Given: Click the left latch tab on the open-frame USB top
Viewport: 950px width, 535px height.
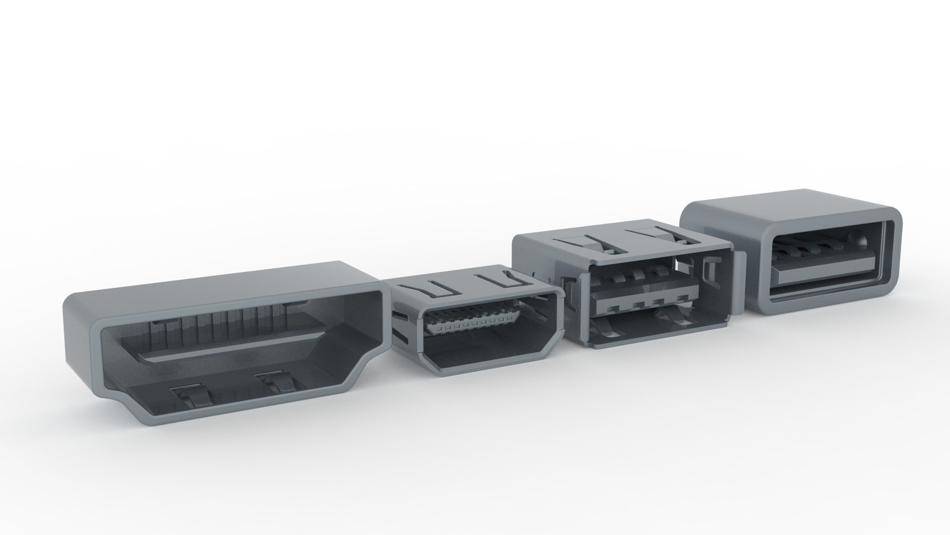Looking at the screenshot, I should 584,244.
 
